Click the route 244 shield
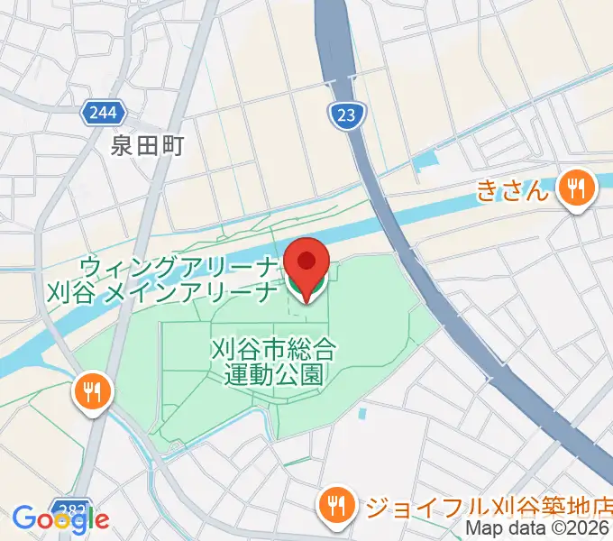103,114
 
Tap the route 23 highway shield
343,113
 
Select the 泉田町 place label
147,145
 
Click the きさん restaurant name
512,190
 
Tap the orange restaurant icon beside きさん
574,189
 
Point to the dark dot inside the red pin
306,261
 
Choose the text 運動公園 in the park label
273,372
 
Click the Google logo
60,518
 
